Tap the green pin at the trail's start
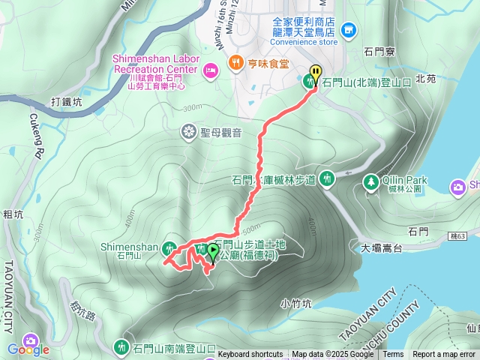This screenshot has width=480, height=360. click(212, 252)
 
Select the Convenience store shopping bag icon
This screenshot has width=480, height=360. click(348, 30)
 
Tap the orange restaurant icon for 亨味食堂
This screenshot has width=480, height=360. click(235, 63)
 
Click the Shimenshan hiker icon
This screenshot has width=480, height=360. click(170, 247)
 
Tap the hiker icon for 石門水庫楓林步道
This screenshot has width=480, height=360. click(326, 178)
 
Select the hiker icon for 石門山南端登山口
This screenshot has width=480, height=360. click(121, 346)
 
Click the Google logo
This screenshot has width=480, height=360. click(28, 349)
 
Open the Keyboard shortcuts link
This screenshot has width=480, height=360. click(250, 355)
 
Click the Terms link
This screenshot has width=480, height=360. click(393, 355)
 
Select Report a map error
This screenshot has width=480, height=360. click(444, 355)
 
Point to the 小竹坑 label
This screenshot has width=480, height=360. click(295, 304)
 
